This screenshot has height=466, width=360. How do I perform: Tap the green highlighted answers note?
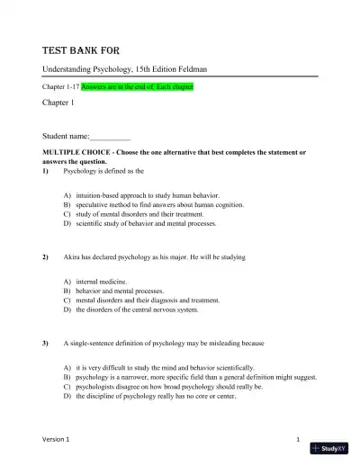click(x=137, y=87)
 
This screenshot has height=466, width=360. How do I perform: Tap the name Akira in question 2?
click(x=73, y=257)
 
